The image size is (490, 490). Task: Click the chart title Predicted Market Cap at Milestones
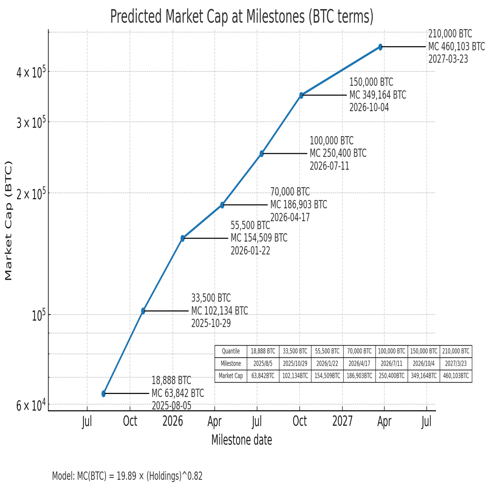tap(242, 17)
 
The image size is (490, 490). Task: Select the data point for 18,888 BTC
tap(104, 394)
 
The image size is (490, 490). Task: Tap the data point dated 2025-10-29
tap(143, 311)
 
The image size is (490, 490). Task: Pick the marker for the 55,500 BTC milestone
tap(183, 238)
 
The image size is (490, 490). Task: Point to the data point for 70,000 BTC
tap(222, 205)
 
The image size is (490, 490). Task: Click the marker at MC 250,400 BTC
tap(262, 154)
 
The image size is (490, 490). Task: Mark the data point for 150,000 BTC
tap(301, 95)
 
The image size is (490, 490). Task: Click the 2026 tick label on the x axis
tap(173, 421)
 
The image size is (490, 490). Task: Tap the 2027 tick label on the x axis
tap(343, 421)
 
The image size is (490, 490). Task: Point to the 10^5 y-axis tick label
tap(39, 315)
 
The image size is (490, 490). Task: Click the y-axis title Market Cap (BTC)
tap(9, 221)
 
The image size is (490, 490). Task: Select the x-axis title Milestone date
tap(242, 440)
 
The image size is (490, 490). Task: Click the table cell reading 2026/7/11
tap(391, 364)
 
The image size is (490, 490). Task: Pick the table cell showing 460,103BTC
tap(456, 376)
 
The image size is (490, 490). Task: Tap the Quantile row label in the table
tap(231, 351)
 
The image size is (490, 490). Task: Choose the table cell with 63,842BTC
tap(263, 376)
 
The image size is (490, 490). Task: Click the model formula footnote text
tap(127, 476)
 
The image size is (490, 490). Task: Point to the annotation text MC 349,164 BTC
tap(377, 95)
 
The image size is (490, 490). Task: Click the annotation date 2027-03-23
tap(448, 59)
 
